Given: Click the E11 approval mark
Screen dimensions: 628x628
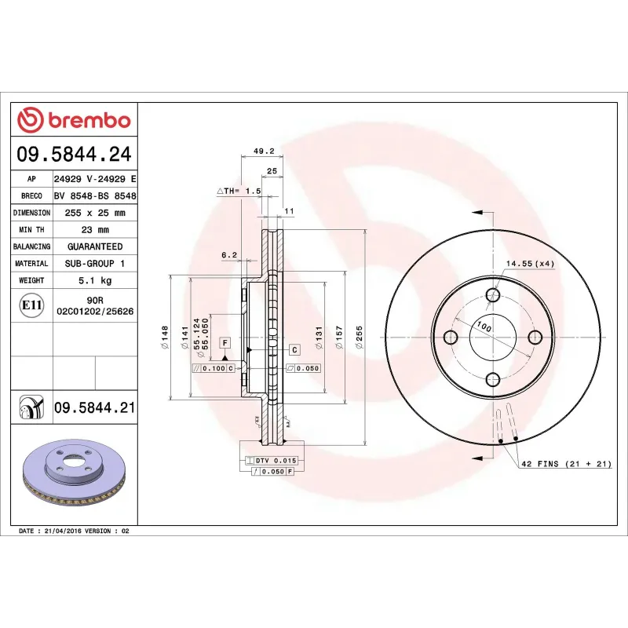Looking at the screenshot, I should tap(32, 305).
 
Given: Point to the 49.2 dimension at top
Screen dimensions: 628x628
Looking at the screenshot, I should tap(263, 152).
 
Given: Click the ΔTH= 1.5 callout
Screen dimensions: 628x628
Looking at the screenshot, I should tap(238, 191).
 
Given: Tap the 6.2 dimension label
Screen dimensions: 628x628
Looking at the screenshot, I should tap(228, 254).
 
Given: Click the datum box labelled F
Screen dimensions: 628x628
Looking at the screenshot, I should tap(225, 343).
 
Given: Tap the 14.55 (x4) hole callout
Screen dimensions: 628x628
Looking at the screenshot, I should tap(531, 264).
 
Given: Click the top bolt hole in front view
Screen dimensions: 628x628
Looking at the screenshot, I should tap(493, 295).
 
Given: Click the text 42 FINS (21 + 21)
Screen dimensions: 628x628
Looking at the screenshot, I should tap(566, 465).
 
